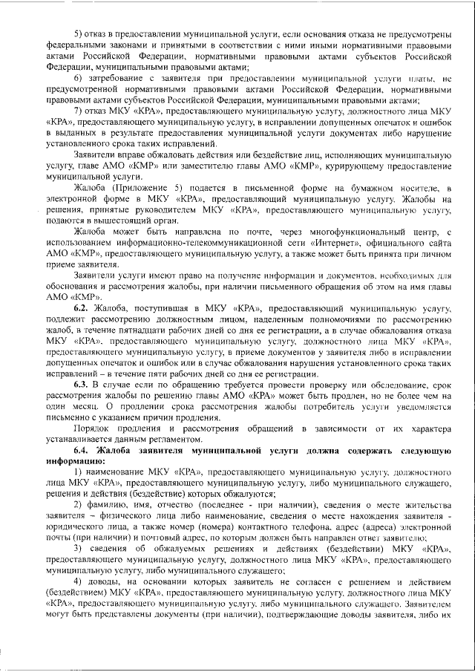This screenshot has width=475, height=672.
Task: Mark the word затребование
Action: click(117, 77)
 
